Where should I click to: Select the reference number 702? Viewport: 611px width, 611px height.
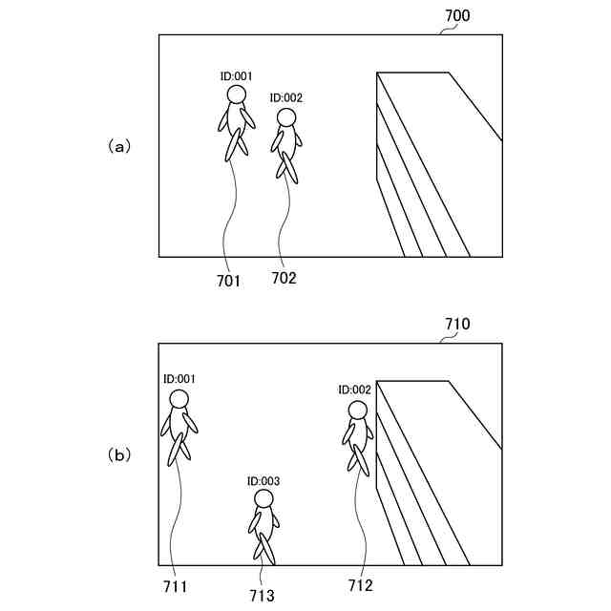(x=284, y=278)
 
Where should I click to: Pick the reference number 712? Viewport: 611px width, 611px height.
(x=359, y=584)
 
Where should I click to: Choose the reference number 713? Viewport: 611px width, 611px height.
(x=261, y=596)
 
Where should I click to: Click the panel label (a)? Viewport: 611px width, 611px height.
(x=118, y=146)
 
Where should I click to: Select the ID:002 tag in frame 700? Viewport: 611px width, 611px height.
(x=286, y=97)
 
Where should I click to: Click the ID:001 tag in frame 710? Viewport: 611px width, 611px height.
(x=179, y=378)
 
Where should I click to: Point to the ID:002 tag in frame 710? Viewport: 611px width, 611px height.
(x=354, y=390)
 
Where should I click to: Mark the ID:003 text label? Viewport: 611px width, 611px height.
(x=263, y=480)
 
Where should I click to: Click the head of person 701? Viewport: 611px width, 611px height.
(x=236, y=94)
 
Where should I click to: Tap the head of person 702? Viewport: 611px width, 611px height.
(x=286, y=116)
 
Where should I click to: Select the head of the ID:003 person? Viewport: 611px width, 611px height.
(x=263, y=498)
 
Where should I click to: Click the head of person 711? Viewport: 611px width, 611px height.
(x=179, y=398)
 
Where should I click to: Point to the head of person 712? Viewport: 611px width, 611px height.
(x=357, y=410)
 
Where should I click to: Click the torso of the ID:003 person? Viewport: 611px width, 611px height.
(x=264, y=521)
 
